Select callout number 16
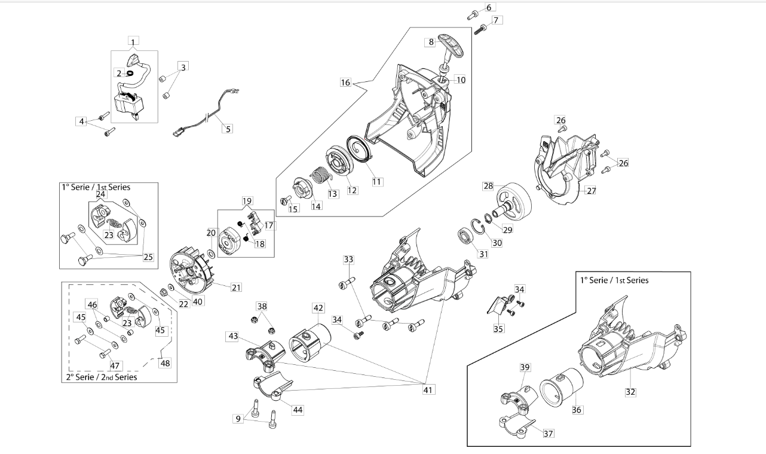tap(345, 83)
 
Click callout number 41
tap(428, 390)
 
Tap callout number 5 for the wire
tap(228, 129)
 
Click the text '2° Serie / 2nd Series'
tap(101, 377)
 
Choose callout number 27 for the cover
tap(592, 191)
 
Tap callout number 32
tap(630, 392)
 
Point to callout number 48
tap(165, 363)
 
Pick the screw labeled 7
tap(480, 29)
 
